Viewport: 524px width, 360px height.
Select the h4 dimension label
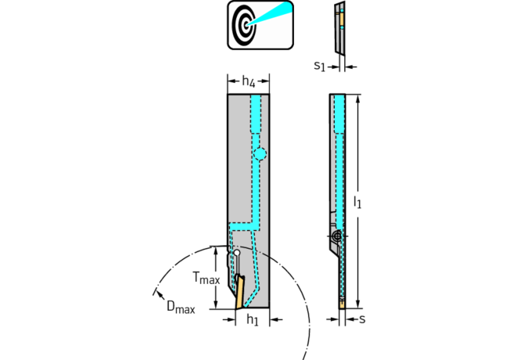[248, 81]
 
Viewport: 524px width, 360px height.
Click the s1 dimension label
[318, 67]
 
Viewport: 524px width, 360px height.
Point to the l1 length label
[357, 202]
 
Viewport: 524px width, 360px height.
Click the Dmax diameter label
[180, 306]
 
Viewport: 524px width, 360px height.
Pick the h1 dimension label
[253, 320]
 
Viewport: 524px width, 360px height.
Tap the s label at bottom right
[362, 319]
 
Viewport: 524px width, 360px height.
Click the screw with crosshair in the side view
[336, 235]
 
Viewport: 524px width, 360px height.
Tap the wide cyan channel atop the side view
[339, 113]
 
